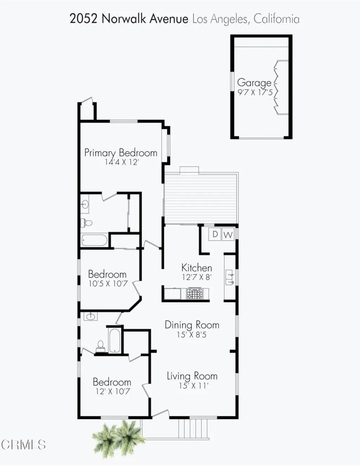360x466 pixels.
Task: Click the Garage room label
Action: (x=254, y=83)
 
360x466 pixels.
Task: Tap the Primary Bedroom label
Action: (x=121, y=153)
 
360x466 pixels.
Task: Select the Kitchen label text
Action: (x=197, y=267)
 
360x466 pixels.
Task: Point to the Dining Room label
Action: (x=192, y=325)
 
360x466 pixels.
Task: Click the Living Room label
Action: (x=192, y=376)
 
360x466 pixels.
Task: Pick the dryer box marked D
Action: (x=215, y=234)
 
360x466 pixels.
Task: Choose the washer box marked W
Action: (x=228, y=235)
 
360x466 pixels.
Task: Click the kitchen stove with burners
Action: (x=194, y=293)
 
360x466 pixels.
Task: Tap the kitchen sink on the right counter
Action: (x=230, y=277)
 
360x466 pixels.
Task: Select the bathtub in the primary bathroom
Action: (x=94, y=240)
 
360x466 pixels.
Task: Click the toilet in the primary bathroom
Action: (x=86, y=222)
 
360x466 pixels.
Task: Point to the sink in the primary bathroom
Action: (x=85, y=204)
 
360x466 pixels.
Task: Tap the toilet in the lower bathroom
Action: (x=101, y=346)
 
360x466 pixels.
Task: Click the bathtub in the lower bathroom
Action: (x=115, y=340)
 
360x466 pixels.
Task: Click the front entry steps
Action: (x=193, y=429)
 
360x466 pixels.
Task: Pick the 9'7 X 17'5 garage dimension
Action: (x=255, y=93)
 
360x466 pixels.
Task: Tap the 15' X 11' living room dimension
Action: (x=193, y=386)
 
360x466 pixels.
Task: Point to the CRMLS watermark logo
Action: (x=23, y=445)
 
